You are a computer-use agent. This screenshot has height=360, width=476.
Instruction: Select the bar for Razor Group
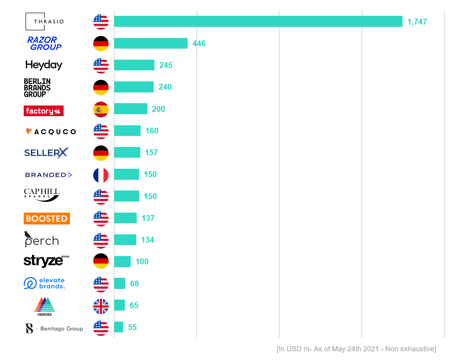click(151, 43)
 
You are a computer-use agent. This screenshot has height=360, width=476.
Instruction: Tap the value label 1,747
click(417, 22)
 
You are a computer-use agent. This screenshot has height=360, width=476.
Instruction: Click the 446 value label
click(199, 43)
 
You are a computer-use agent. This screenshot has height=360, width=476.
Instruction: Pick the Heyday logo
click(44, 65)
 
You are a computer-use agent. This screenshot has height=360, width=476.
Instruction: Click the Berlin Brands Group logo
click(37, 87)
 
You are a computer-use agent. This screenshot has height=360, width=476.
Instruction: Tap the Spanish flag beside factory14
click(101, 109)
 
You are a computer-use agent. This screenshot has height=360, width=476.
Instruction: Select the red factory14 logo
click(43, 111)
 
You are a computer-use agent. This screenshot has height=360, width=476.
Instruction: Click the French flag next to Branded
click(101, 175)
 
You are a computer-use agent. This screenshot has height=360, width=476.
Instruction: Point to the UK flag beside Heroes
click(101, 306)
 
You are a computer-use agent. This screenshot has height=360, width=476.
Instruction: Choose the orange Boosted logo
click(47, 219)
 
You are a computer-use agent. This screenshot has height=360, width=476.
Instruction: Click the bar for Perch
click(125, 240)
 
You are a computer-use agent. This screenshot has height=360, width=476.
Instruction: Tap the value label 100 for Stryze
click(142, 262)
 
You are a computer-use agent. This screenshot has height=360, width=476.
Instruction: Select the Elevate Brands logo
click(44, 283)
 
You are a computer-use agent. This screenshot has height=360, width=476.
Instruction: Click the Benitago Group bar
click(119, 327)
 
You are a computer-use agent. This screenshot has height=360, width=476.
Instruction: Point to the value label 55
click(132, 327)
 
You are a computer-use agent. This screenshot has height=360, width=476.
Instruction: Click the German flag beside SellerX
click(101, 153)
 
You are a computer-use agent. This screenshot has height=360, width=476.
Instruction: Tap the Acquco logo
click(51, 132)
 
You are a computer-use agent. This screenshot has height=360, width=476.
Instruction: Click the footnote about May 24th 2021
click(356, 349)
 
